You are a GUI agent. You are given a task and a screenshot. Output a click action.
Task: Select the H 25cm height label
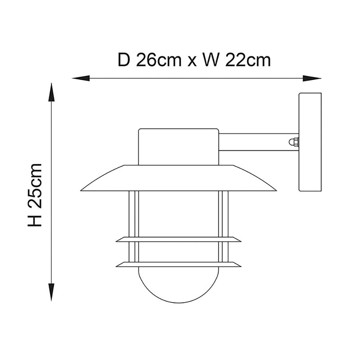36,195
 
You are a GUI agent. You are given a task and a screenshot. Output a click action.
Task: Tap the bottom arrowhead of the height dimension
51,292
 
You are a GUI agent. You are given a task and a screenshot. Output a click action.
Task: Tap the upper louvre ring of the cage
179,239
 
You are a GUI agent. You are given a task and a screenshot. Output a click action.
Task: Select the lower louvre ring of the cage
179,264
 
